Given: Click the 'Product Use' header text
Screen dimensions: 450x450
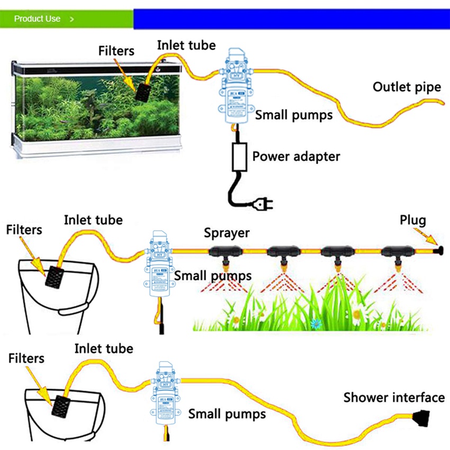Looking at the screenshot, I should tap(37, 19).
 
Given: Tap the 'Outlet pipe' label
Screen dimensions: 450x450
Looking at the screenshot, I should tap(407, 87).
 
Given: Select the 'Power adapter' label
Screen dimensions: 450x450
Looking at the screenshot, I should tap(296, 156).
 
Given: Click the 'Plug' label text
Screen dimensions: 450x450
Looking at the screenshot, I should tap(412, 220).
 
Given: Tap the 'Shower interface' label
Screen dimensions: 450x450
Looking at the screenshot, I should tap(394, 398).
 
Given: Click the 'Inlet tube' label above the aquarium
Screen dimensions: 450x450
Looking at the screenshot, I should tap(186, 46).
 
